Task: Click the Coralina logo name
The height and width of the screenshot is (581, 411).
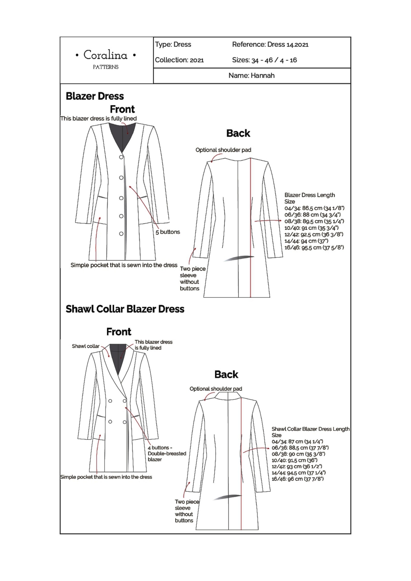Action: tap(105, 55)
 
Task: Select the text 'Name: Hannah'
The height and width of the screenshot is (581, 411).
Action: tap(251, 76)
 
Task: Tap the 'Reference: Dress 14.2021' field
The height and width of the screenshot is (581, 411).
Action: tap(270, 44)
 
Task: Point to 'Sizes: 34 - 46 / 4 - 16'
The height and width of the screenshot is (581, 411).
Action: tap(264, 60)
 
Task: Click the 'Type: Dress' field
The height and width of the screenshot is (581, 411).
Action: tap(173, 44)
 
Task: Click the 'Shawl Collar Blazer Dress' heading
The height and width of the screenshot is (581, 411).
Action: tap(125, 309)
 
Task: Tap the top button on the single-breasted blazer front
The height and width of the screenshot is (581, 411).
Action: tap(121, 157)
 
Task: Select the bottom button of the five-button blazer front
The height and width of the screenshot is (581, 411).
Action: tap(121, 234)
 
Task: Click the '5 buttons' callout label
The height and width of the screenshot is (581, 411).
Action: tap(167, 232)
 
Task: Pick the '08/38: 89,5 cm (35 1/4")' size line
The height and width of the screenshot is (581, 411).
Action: tap(314, 221)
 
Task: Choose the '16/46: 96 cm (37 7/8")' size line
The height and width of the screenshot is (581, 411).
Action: tap(297, 479)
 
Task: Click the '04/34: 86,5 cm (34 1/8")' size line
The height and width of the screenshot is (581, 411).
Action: tap(314, 208)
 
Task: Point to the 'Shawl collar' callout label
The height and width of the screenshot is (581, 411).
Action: tap(85, 346)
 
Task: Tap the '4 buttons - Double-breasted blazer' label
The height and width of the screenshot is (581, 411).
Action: tap(167, 453)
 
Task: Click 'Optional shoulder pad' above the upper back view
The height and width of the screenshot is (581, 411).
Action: tap(223, 150)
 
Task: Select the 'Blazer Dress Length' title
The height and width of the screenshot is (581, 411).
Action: tap(309, 195)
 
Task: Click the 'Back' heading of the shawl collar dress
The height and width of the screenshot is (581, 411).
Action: tap(226, 374)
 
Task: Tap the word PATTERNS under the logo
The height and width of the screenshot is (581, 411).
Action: tap(105, 67)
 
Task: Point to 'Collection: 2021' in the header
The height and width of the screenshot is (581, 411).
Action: tap(179, 60)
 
